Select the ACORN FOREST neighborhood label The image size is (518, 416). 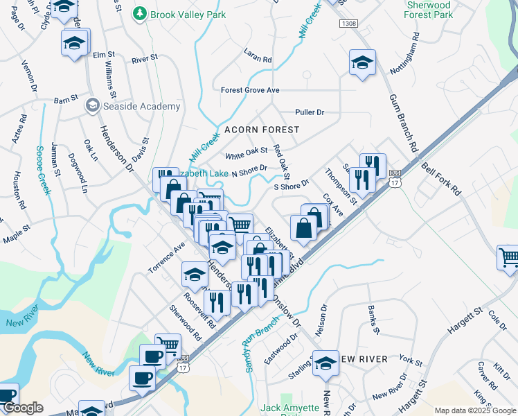point(261,130)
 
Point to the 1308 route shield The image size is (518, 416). point(349,24)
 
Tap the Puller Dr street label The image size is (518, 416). point(309,112)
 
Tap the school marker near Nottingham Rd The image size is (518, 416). point(362,63)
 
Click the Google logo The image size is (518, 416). point(24,408)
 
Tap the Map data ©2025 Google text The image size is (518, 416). point(474,410)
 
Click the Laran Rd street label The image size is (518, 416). point(258,55)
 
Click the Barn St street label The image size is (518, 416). point(66,101)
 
